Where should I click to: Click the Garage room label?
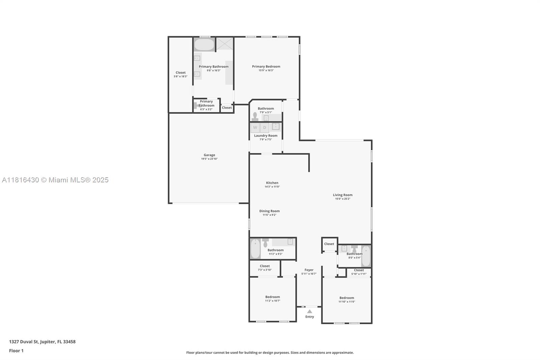[209, 155]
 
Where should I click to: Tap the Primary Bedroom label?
[266, 67]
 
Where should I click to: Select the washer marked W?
[255, 127]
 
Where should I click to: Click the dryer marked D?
[265, 127]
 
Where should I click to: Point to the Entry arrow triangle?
[309, 311]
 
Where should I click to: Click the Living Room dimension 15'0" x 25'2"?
[343, 199]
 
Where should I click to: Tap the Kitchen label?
[272, 183]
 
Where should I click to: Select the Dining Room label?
[269, 211]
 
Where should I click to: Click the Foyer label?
[309, 270]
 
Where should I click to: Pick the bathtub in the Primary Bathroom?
[204, 45]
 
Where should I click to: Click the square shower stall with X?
[225, 44]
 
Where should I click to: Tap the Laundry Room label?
[266, 135]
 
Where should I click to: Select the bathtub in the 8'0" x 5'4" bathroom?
[366, 256]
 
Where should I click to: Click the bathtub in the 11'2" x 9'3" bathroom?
[255, 249]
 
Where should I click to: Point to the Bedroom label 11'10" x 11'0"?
[347, 298]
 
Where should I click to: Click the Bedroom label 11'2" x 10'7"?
[272, 297]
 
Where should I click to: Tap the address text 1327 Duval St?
[42, 341]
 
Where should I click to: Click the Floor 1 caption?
[16, 351]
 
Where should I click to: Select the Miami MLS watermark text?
[55, 180]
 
